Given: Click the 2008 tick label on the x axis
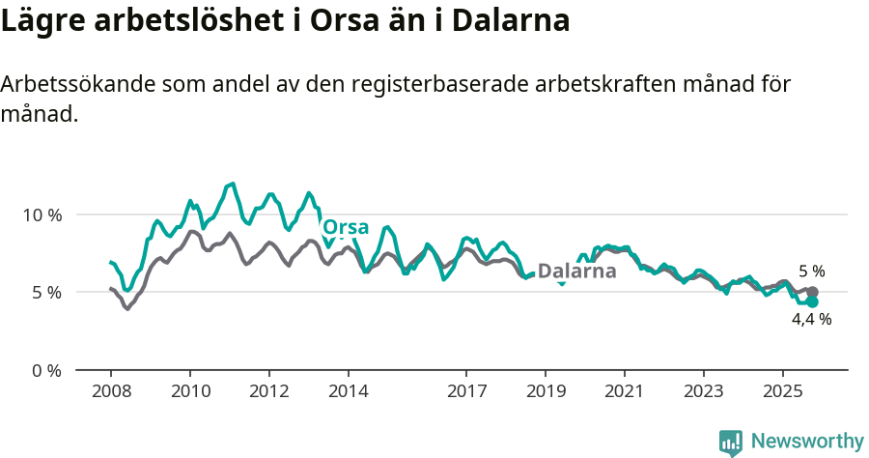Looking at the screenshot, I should (110, 393).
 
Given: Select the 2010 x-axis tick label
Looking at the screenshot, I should (189, 393).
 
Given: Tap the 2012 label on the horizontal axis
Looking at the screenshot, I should (268, 393).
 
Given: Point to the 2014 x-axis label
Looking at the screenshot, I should (348, 393).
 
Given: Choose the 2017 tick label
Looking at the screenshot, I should (466, 393).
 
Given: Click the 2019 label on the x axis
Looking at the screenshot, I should (546, 393).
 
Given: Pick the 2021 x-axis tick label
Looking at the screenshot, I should (625, 393).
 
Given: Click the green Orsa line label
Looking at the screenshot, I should (346, 228).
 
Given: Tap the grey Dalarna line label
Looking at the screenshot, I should (576, 272).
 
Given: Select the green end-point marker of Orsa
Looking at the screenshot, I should (813, 301).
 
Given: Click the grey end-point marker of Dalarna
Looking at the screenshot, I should (813, 292).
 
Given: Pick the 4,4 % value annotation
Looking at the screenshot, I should (811, 319).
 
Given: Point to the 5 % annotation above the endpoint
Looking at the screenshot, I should (811, 272).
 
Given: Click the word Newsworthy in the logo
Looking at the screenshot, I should (806, 442).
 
